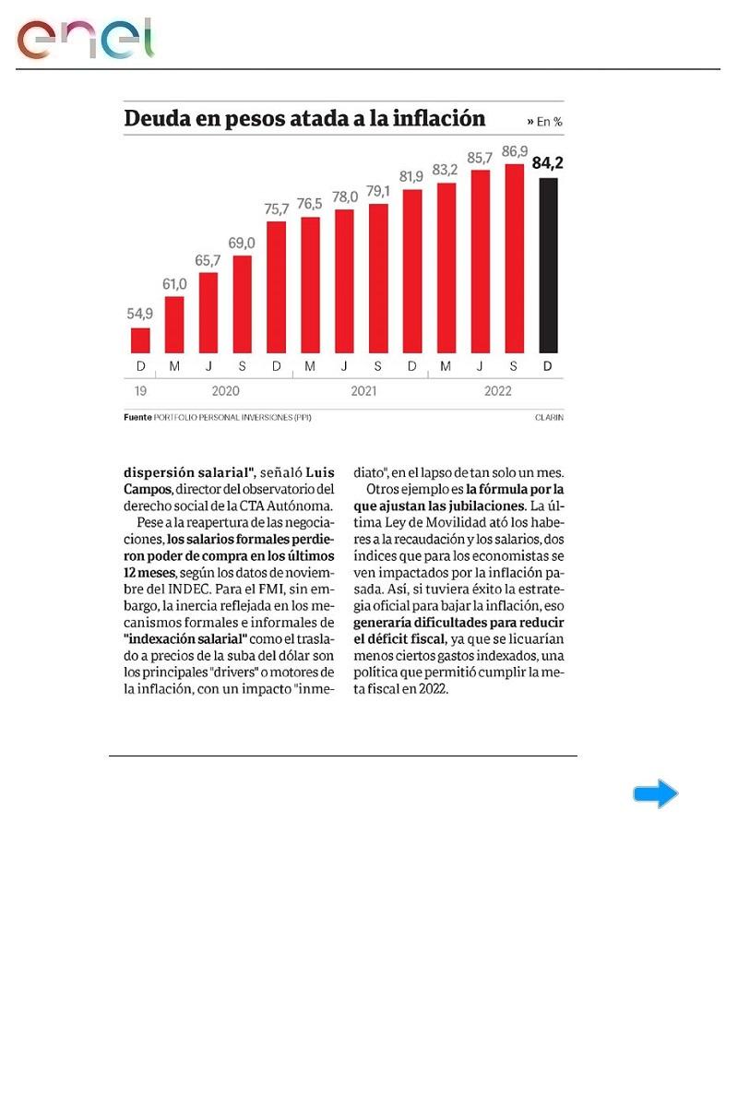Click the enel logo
point(85,39)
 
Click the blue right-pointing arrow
point(655,794)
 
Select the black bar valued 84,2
point(548,266)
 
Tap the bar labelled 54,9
point(140,340)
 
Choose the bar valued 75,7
point(276,287)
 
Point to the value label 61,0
point(174,284)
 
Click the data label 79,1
point(378,192)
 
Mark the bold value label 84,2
point(548,163)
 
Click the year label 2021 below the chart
point(364,391)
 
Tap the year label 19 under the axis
point(140,391)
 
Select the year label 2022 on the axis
point(498,391)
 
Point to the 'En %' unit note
point(545,121)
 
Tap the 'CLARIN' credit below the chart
point(549,418)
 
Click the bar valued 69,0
point(242,304)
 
